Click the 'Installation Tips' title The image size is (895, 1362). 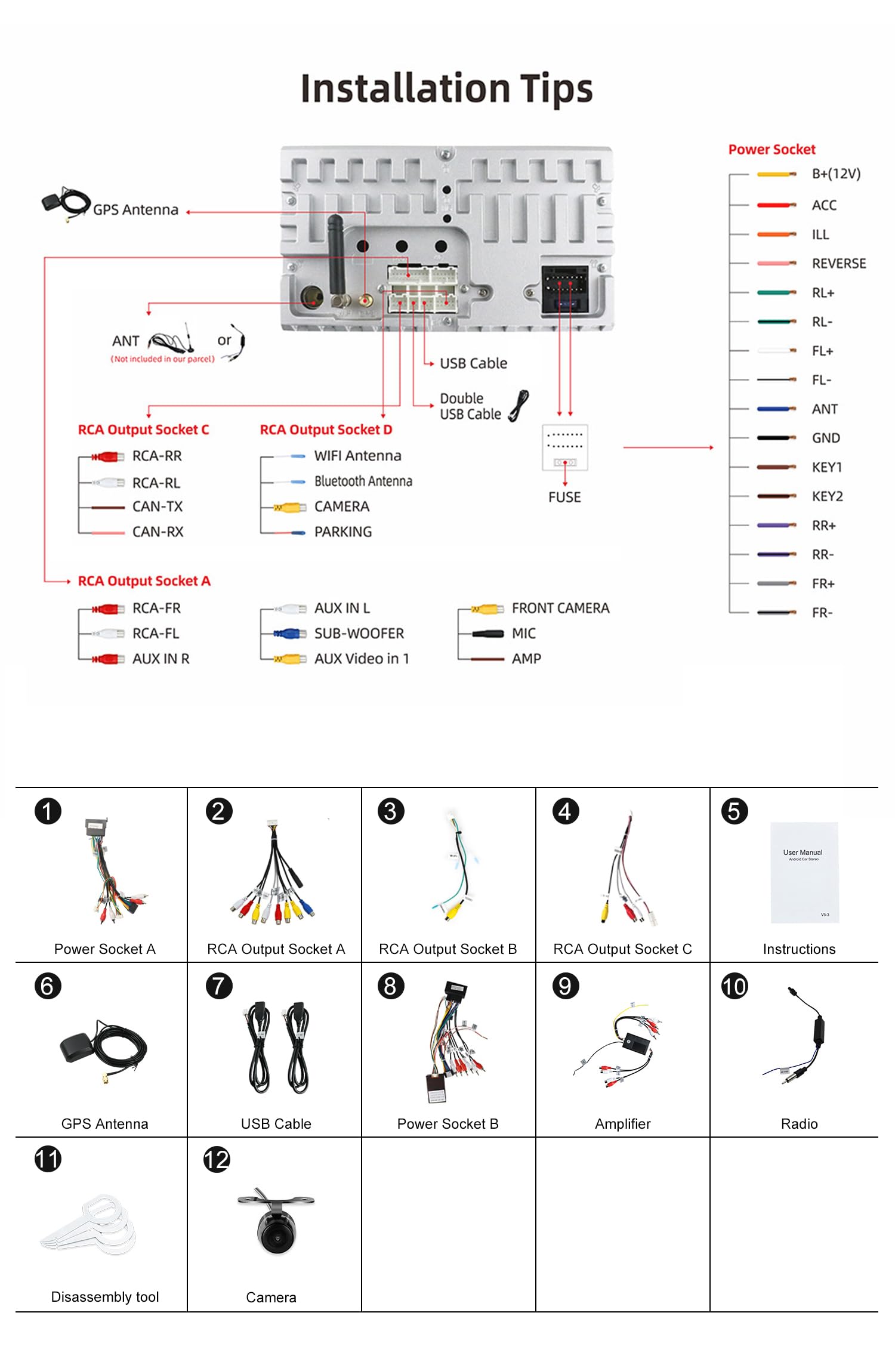click(446, 89)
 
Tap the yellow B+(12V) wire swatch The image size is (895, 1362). click(776, 174)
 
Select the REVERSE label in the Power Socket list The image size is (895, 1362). click(838, 264)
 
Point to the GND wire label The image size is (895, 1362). click(825, 438)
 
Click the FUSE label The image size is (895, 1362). click(564, 497)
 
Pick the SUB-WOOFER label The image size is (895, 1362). click(359, 634)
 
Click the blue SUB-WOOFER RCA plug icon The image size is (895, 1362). click(288, 634)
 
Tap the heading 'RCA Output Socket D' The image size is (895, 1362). click(326, 430)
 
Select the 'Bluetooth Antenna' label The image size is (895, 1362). click(363, 481)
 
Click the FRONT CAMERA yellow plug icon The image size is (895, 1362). click(486, 609)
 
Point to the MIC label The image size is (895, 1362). click(523, 634)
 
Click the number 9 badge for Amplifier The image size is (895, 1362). click(565, 986)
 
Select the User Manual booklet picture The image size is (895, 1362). click(804, 872)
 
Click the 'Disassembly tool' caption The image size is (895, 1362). click(105, 1297)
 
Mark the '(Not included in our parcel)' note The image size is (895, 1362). click(162, 359)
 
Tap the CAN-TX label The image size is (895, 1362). click(158, 507)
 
